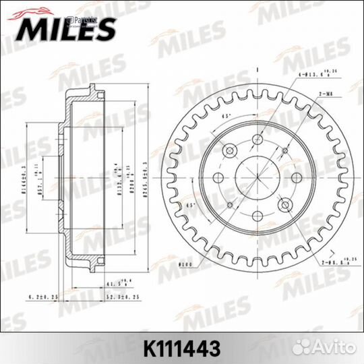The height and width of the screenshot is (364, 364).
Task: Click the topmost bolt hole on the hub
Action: pyautogui.click(x=258, y=140)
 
